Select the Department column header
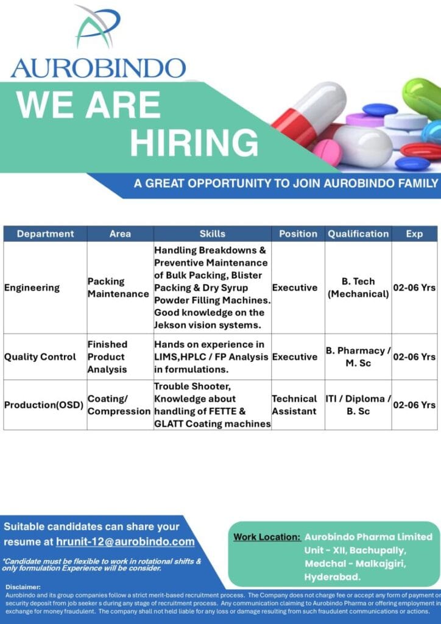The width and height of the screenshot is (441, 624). point(45,234)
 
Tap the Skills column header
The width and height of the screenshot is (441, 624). point(212,234)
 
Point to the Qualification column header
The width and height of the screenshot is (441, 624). point(358,234)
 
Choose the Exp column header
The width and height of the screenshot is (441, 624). point(414,234)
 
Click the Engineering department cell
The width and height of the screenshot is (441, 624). point(32,288)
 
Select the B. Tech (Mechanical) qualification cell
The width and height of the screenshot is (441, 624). point(358,288)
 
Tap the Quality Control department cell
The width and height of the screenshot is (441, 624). point(40,357)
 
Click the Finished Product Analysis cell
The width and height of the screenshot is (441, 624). point(107,357)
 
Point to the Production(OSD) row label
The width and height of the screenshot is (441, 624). point(44,405)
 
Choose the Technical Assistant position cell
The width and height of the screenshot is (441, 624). point(294,405)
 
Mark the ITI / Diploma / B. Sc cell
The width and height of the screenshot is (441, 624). point(358,405)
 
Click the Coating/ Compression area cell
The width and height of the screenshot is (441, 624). point(119,405)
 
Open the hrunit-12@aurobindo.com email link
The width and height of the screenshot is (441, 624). point(125,542)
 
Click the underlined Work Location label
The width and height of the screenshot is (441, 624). point(267,537)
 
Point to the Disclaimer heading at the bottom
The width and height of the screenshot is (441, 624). point(23,587)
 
